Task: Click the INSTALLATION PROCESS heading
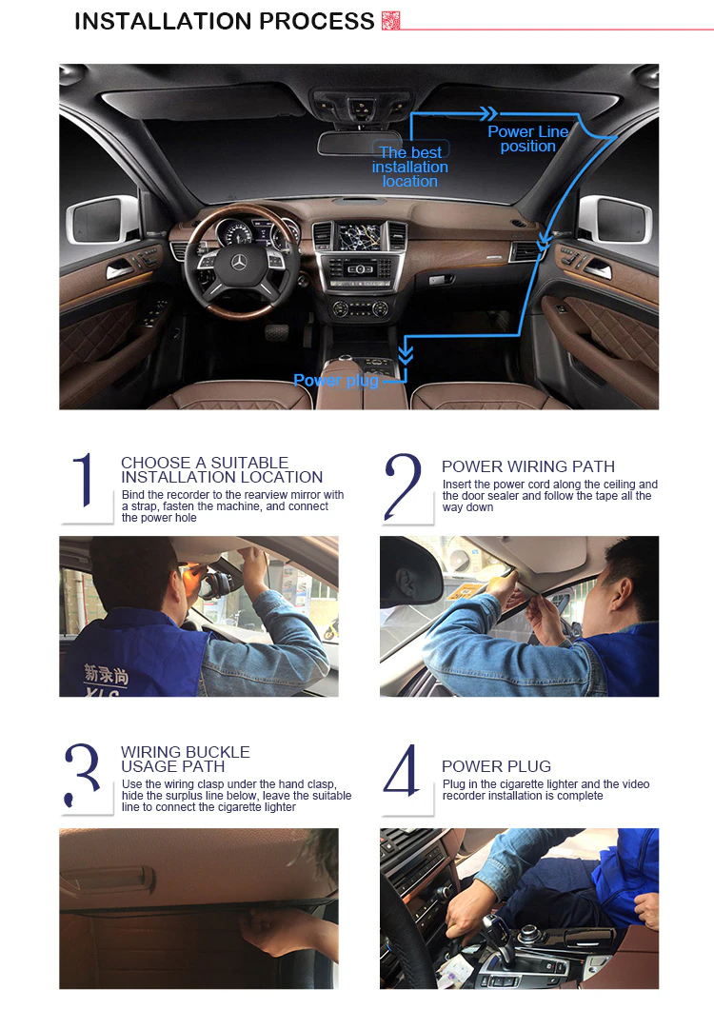pos(225,21)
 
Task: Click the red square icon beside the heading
pos(390,21)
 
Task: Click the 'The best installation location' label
pos(410,167)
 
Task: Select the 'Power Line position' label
pos(527,139)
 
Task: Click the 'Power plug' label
pos(336,381)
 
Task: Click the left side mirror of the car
pos(101,220)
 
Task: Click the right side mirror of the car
pos(615,219)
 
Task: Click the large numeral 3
pos(84,776)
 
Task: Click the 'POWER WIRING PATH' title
pos(527,466)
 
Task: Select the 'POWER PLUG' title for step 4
pos(496,766)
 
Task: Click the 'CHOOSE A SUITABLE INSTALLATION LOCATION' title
pos(221,469)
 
